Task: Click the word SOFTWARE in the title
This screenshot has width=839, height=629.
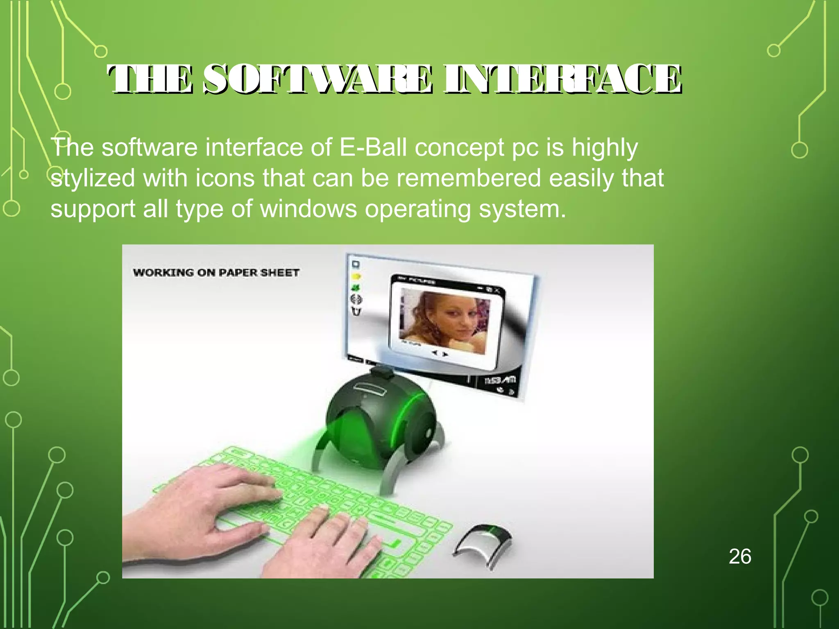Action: pyautogui.click(x=318, y=79)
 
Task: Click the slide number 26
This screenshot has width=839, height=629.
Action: pyautogui.click(x=740, y=557)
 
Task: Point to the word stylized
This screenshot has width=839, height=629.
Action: pyautogui.click(x=93, y=179)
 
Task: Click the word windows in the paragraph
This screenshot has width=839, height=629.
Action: pyautogui.click(x=308, y=209)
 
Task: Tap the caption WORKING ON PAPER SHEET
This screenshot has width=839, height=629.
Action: pyautogui.click(x=216, y=272)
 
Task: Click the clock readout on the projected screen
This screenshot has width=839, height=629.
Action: pyautogui.click(x=500, y=380)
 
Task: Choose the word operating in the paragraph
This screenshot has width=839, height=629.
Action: pyautogui.click(x=417, y=209)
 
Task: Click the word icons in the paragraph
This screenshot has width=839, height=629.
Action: pyautogui.click(x=225, y=179)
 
